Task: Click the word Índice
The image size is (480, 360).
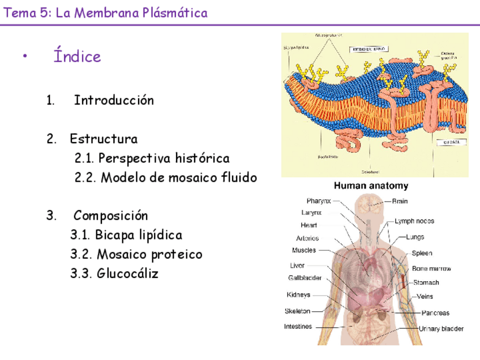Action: pos(77,56)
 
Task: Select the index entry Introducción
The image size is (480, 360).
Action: pos(114,100)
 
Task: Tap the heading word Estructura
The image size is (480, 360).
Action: pos(104,139)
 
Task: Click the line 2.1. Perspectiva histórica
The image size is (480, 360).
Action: pos(152,158)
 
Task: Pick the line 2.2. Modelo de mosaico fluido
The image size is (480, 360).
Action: pos(165,177)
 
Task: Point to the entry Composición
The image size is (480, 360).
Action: pos(110,216)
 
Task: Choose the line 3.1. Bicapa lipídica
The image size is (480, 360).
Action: pos(126,235)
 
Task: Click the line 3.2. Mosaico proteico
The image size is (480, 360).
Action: pos(136,254)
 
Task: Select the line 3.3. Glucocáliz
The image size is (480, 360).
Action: pos(114,273)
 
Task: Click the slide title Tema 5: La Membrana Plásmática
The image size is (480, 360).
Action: pos(106,12)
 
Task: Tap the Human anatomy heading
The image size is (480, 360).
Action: pos(371,186)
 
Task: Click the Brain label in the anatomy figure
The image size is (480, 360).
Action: pos(400,201)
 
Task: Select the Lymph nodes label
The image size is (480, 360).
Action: pos(414,221)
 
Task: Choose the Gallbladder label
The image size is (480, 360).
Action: pos(305,278)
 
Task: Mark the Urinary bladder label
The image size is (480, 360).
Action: pos(441,328)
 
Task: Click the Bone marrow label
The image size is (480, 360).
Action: pos(431,269)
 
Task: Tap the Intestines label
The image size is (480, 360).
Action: pos(298,326)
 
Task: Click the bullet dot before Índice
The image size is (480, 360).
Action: pos(24,57)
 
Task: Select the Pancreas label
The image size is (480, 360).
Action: pos(435,312)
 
